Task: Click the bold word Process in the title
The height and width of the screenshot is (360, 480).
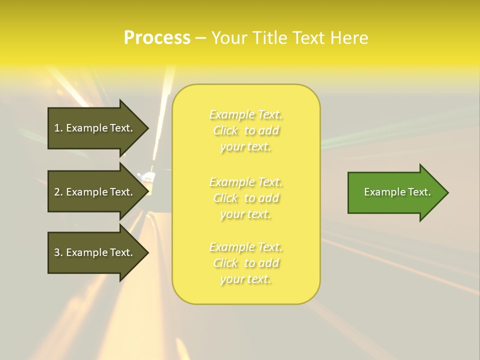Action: click(157, 38)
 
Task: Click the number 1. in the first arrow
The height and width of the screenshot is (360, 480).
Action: click(58, 128)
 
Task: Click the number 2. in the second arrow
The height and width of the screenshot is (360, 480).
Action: click(58, 192)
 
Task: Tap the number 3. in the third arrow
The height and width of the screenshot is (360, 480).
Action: click(58, 252)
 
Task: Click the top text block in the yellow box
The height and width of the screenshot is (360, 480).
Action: click(246, 130)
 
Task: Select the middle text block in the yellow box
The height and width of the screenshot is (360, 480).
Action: click(246, 198)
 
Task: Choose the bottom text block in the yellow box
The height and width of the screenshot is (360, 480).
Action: click(246, 263)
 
